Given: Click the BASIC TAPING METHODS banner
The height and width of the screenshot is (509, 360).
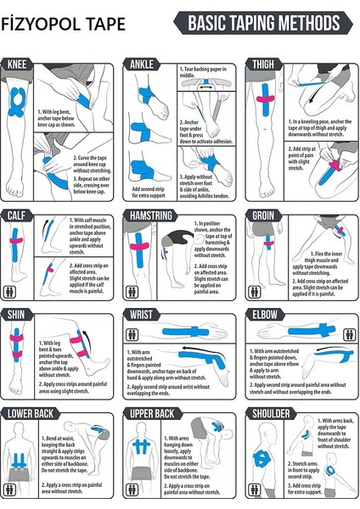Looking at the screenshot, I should pos(263,23).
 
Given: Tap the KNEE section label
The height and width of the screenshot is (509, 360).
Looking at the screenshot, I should pos(17,64).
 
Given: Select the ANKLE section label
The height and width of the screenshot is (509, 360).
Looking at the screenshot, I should pos(141,64).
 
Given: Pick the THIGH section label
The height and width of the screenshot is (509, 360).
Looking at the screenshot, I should pos(262,64).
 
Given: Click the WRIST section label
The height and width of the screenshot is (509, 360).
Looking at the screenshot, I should pos(141,314).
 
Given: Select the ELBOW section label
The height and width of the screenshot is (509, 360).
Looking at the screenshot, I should pos(264,314).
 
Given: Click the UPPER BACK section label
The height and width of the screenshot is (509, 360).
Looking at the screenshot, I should pos(153,413).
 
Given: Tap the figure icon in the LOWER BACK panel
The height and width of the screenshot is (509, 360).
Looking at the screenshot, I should pos(11,489).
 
